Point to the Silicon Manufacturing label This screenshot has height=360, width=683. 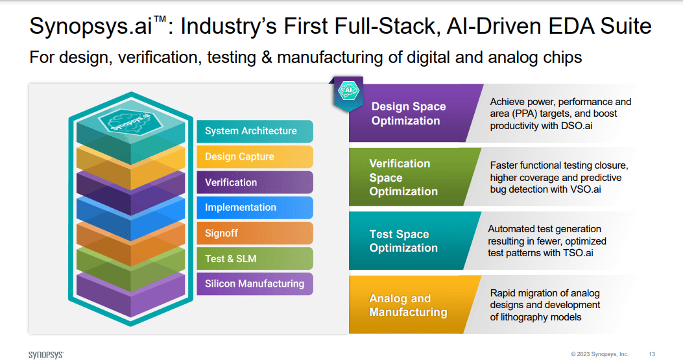click(x=254, y=283)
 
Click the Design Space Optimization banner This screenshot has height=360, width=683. click(x=409, y=114)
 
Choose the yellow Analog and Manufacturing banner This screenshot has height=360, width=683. click(x=409, y=305)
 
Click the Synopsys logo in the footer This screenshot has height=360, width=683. click(x=46, y=354)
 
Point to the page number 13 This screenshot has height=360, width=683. click(x=652, y=354)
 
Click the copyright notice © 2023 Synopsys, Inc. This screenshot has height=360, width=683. click(x=599, y=354)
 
